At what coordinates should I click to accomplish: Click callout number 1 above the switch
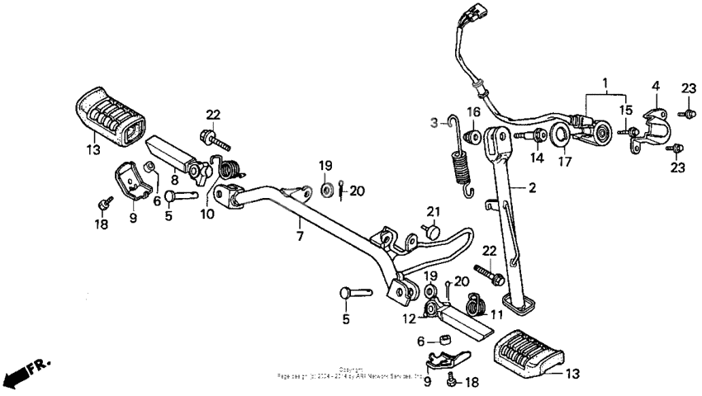point(605,83)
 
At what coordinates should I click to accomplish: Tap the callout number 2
point(533,189)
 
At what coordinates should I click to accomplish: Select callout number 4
point(656,86)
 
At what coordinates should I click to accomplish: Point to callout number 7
point(300,236)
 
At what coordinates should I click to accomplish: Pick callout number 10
point(206,214)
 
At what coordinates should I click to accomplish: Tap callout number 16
point(473,112)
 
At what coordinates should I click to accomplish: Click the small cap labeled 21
point(433,234)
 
